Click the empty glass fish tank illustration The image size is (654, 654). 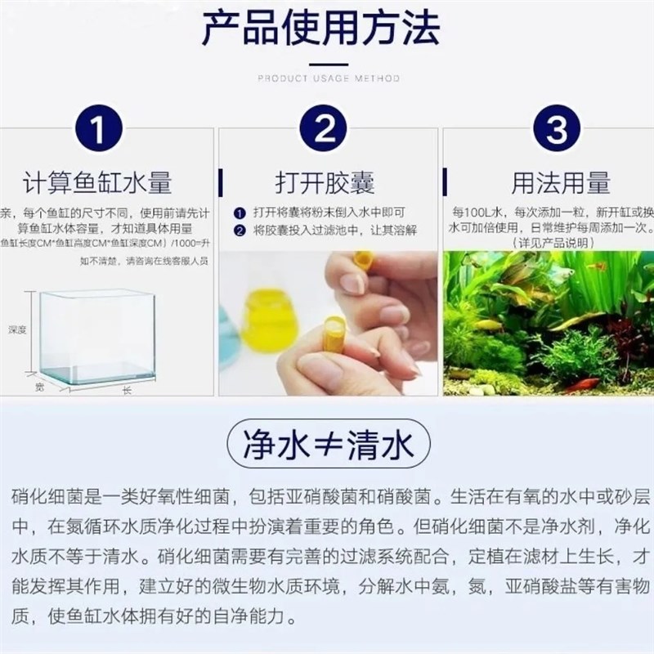coord(98,335)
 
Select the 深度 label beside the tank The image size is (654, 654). coord(18,330)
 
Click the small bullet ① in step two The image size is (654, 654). coord(238,212)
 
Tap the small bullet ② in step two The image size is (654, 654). coord(238,231)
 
